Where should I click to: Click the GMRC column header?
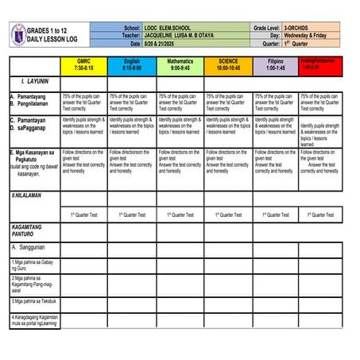pos(83,64)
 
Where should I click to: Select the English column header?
pos(132,64)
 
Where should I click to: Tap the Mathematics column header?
pos(180,64)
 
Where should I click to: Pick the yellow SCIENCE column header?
pos(228,64)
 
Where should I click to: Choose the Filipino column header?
pos(276,64)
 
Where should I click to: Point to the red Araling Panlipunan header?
pos(321,64)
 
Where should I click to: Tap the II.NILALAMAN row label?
pos(27,195)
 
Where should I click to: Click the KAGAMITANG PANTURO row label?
pos(28,231)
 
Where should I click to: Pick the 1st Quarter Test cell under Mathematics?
pos(180,215)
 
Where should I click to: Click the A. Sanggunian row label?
pos(32,248)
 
